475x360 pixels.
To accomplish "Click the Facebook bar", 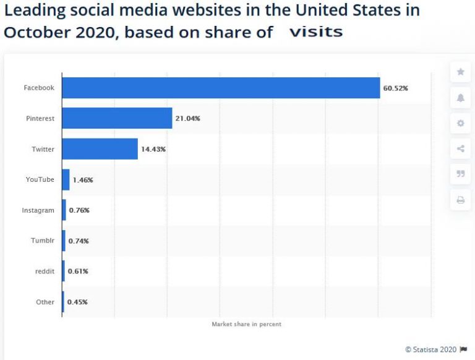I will click(221, 88).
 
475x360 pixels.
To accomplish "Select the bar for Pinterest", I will click(117, 118).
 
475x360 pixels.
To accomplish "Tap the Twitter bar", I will click(100, 149).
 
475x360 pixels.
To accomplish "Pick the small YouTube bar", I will click(66, 179).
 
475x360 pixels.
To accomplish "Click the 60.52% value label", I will click(395, 88).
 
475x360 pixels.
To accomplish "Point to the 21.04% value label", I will click(187, 118).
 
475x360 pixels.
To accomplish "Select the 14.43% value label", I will click(153, 149).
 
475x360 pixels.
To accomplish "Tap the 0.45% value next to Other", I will click(78, 302).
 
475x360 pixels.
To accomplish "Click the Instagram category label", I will click(38, 210).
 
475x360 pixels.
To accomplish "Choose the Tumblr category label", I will click(43, 241).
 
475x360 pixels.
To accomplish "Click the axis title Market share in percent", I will click(246, 324).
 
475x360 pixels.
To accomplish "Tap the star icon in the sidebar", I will click(460, 72).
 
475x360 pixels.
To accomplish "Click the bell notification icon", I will click(460, 98).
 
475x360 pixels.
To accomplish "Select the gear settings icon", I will click(460, 123).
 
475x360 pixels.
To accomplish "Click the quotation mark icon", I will click(460, 174).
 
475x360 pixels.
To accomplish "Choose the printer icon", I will click(460, 200).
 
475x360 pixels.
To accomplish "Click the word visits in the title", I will click(316, 32).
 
